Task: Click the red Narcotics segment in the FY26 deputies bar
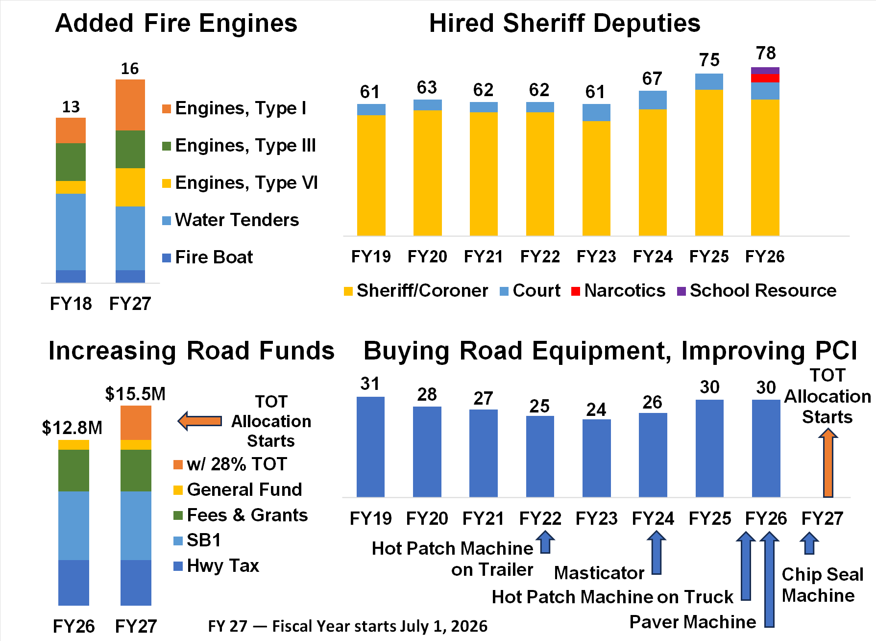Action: [x=765, y=78]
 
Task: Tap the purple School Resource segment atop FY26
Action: [x=765, y=71]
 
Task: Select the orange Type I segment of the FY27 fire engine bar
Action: [x=130, y=105]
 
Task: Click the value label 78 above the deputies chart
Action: [x=766, y=53]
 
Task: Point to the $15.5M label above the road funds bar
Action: [x=135, y=394]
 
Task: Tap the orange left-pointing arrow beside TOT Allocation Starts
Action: [x=200, y=421]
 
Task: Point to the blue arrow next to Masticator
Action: [x=657, y=553]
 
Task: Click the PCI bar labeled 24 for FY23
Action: [x=596, y=458]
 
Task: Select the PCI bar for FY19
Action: [x=370, y=447]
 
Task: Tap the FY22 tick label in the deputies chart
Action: [x=539, y=256]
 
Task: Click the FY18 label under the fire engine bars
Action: [x=71, y=304]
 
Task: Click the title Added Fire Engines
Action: [x=176, y=23]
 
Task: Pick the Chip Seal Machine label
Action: [x=822, y=585]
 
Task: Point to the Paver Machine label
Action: [x=692, y=622]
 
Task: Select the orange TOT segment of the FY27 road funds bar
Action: [x=136, y=423]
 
